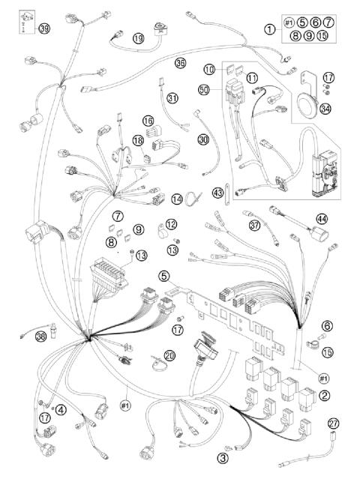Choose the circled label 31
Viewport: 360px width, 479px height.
click(x=172, y=97)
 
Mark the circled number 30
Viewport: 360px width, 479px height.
click(x=204, y=139)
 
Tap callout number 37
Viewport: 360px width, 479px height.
click(x=254, y=224)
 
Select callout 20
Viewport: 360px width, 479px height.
click(x=169, y=356)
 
